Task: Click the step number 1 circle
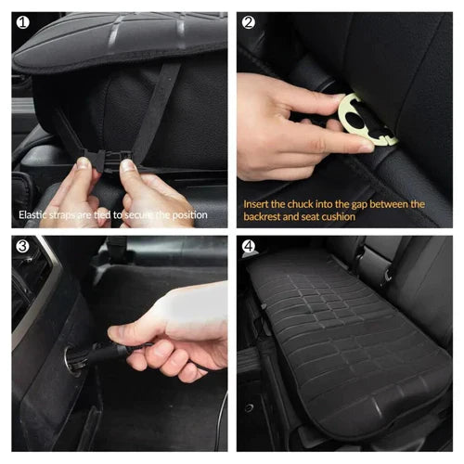[x=22, y=22]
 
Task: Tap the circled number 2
[x=249, y=22]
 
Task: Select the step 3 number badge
[x=22, y=248]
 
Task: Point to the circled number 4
[x=249, y=248]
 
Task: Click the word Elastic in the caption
[x=33, y=214]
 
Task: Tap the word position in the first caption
[x=187, y=214]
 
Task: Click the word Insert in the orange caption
[x=259, y=202]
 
